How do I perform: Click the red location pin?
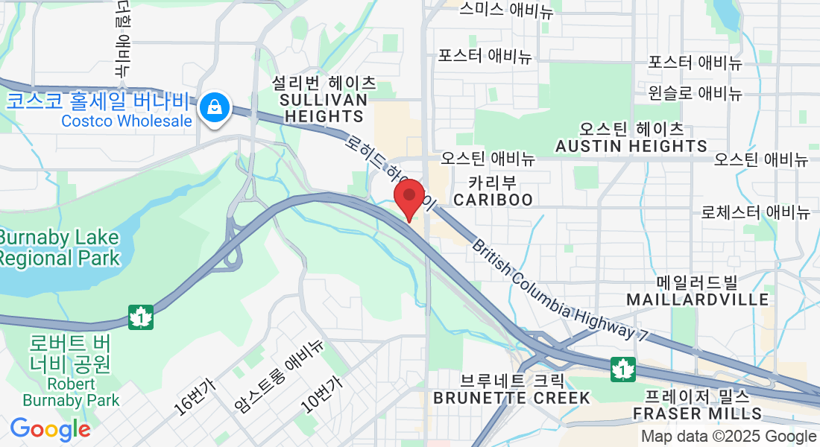409,198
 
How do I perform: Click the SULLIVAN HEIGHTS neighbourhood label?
324,107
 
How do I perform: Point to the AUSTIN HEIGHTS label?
631,146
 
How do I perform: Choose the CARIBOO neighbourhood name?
493,200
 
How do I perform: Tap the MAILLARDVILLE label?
697,299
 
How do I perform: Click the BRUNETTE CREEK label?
514,398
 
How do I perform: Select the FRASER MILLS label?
697,413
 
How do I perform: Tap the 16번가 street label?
194,396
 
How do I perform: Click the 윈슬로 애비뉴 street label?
695,93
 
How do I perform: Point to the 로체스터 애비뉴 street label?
755,212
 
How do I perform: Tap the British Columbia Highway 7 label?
559,291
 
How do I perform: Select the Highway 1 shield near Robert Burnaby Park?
140,316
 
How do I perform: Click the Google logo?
50,429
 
